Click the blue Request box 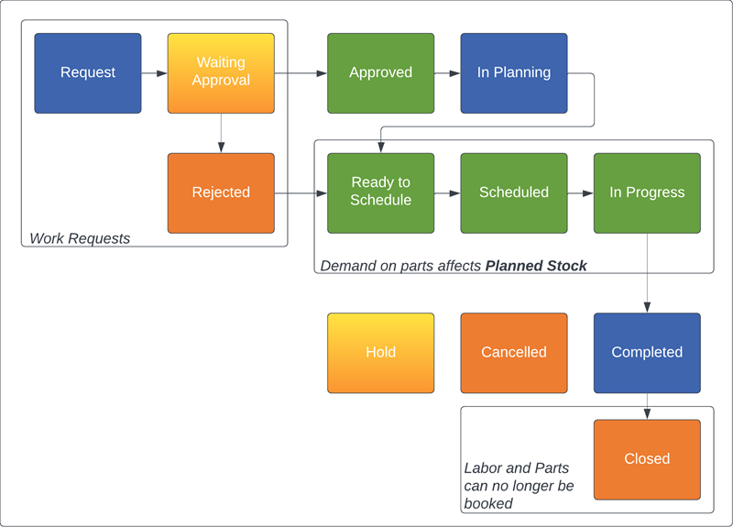click(x=88, y=73)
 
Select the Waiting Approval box click(x=221, y=73)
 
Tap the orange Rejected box click(x=221, y=192)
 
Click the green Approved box click(x=380, y=73)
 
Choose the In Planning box click(x=513, y=73)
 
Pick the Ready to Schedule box click(x=380, y=192)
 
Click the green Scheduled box click(x=513, y=192)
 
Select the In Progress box click(x=647, y=192)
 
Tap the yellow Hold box click(x=380, y=353)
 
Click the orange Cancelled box click(x=513, y=353)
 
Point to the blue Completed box click(x=647, y=353)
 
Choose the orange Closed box click(x=647, y=459)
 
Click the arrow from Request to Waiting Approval click(x=154, y=73)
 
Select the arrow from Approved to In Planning click(x=447, y=73)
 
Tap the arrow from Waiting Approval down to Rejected click(x=221, y=133)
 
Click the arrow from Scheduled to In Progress click(x=580, y=193)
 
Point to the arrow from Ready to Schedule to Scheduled click(x=447, y=193)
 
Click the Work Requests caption click(x=80, y=238)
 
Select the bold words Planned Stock click(x=536, y=266)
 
